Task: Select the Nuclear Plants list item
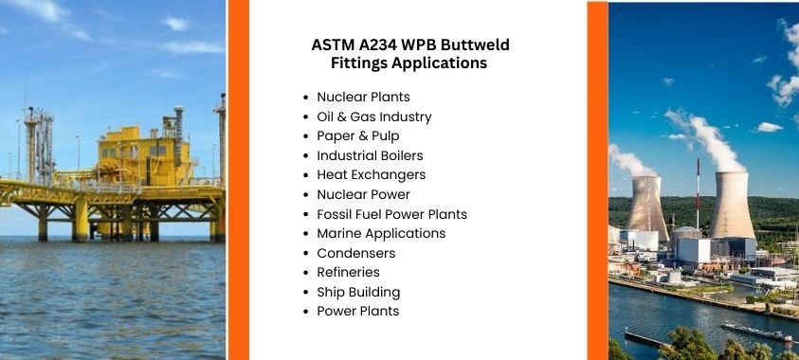pyautogui.click(x=363, y=97)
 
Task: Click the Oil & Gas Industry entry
pyautogui.click(x=373, y=117)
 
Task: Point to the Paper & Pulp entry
pyautogui.click(x=357, y=135)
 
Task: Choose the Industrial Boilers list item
pyautogui.click(x=370, y=155)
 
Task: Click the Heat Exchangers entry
pyautogui.click(x=371, y=174)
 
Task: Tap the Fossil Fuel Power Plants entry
pyautogui.click(x=391, y=214)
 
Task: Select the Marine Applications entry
pyautogui.click(x=380, y=233)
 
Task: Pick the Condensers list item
pyautogui.click(x=355, y=253)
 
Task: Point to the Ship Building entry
pyautogui.click(x=358, y=292)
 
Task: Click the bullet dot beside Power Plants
pyautogui.click(x=305, y=312)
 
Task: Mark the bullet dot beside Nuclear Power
pyautogui.click(x=305, y=194)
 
